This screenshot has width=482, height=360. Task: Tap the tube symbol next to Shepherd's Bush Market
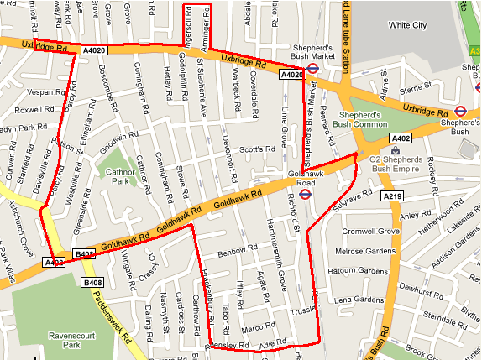[x=312, y=70]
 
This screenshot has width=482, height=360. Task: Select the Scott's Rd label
[x=257, y=149]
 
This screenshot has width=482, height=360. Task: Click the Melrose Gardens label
[x=365, y=251]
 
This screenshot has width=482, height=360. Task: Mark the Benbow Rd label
[x=235, y=251]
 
